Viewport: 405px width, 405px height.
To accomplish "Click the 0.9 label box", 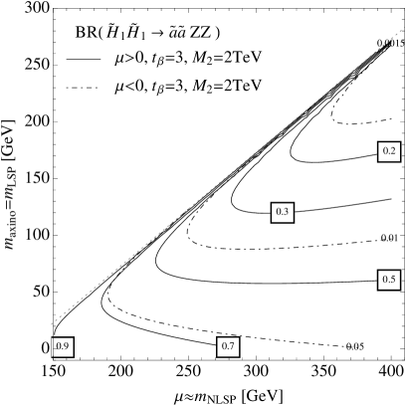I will pyautogui.click(x=63, y=346).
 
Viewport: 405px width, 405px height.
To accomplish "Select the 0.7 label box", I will pyautogui.click(x=228, y=346).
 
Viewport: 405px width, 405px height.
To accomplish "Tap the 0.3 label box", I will pyautogui.click(x=283, y=212).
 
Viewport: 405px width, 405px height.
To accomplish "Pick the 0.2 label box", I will pyautogui.click(x=389, y=151).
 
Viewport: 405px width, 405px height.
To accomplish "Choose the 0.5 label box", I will pyautogui.click(x=389, y=281).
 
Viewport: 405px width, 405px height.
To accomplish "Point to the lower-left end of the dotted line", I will pyautogui.click(x=52, y=323).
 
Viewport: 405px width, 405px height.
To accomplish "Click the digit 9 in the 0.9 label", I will pyautogui.click(x=67, y=346).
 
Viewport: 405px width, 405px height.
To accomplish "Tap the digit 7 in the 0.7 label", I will pyautogui.click(x=232, y=346).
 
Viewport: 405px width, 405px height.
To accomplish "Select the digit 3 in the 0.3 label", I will pyautogui.click(x=287, y=212).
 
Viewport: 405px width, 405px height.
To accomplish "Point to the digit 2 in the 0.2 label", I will pyautogui.click(x=393, y=151).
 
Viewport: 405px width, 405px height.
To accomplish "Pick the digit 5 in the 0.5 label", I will pyautogui.click(x=393, y=281).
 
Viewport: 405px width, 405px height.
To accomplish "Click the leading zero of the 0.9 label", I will pyautogui.click(x=58, y=346).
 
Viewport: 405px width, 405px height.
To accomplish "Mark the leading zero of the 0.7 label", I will pyautogui.click(x=223, y=346).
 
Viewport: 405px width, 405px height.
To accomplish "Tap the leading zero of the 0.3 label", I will pyautogui.click(x=278, y=212).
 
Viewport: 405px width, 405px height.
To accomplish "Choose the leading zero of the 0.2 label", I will pyautogui.click(x=384, y=151).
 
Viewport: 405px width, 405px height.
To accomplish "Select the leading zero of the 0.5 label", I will pyautogui.click(x=384, y=281).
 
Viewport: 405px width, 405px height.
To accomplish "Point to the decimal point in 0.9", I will pyautogui.click(x=62, y=349).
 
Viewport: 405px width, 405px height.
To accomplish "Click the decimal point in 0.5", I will pyautogui.click(x=388, y=284).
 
